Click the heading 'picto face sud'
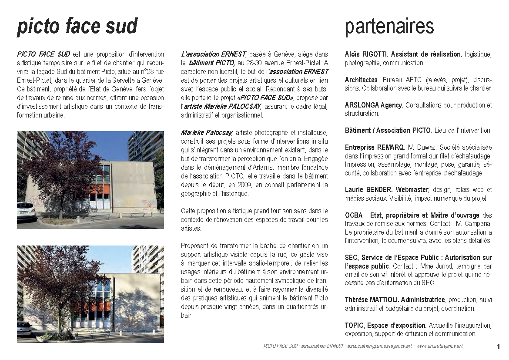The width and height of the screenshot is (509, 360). [77, 27]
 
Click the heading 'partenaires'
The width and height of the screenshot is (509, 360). [389, 27]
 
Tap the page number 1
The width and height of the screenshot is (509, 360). [498, 347]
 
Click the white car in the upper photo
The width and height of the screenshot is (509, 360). [26, 211]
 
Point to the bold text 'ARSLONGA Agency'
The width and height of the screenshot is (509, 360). [373, 105]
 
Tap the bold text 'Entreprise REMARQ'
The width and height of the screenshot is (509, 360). [375, 148]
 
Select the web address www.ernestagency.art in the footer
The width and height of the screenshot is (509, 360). [439, 347]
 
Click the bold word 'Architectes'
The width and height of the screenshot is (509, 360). [361, 80]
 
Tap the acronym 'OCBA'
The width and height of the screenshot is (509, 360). [353, 215]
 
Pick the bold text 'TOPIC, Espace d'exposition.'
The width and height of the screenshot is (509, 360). [385, 326]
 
